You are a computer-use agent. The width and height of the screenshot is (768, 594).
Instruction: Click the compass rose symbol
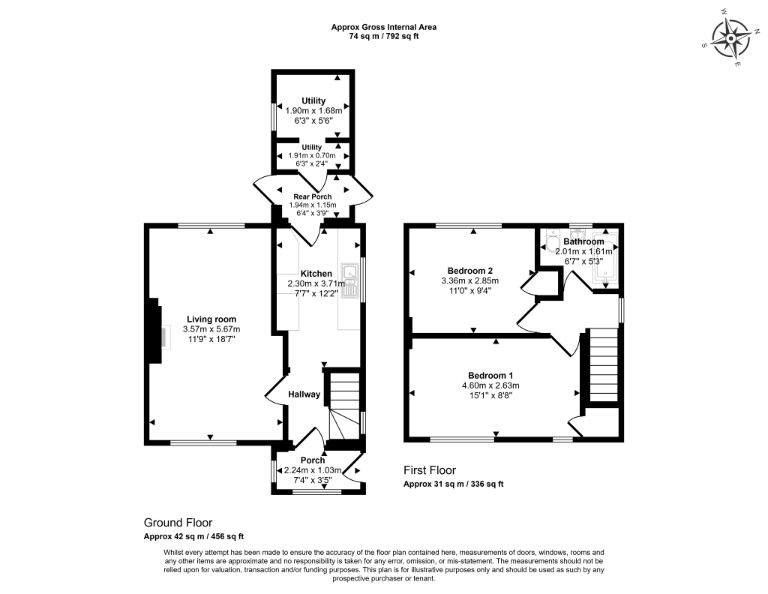click(731, 38)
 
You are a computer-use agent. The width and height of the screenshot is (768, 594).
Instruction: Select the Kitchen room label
click(316, 273)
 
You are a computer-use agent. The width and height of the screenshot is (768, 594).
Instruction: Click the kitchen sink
click(349, 280)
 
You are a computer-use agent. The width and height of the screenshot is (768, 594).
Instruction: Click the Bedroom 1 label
click(490, 375)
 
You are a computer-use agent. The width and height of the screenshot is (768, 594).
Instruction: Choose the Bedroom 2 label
click(469, 270)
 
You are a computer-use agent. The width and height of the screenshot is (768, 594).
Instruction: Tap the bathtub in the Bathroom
click(607, 262)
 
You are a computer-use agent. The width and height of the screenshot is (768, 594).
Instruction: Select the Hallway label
click(304, 394)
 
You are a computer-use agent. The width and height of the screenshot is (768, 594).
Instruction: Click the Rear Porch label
click(313, 196)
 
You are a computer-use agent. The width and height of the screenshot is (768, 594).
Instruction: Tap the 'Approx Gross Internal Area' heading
click(383, 27)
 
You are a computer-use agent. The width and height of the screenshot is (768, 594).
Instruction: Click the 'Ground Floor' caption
click(178, 522)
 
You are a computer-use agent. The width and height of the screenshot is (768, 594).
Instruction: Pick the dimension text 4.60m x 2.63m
click(490, 385)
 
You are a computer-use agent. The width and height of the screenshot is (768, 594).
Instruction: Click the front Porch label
click(312, 460)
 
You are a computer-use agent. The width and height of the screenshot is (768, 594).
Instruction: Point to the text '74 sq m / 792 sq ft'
click(383, 36)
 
